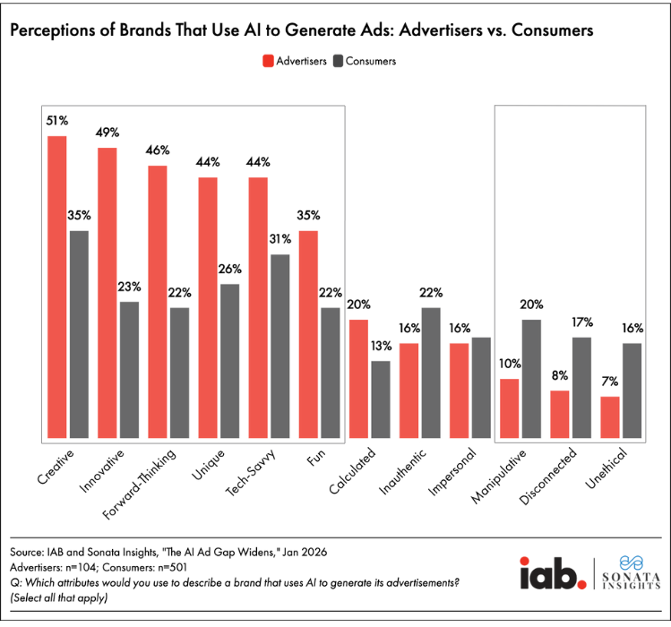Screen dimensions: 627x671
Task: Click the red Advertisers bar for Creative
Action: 57,288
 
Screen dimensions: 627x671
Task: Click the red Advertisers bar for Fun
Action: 308,335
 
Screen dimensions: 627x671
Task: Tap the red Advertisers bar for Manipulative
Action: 509,409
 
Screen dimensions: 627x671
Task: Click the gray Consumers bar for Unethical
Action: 632,391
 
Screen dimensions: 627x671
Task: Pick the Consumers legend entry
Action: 364,61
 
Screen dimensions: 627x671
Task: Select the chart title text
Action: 302,30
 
